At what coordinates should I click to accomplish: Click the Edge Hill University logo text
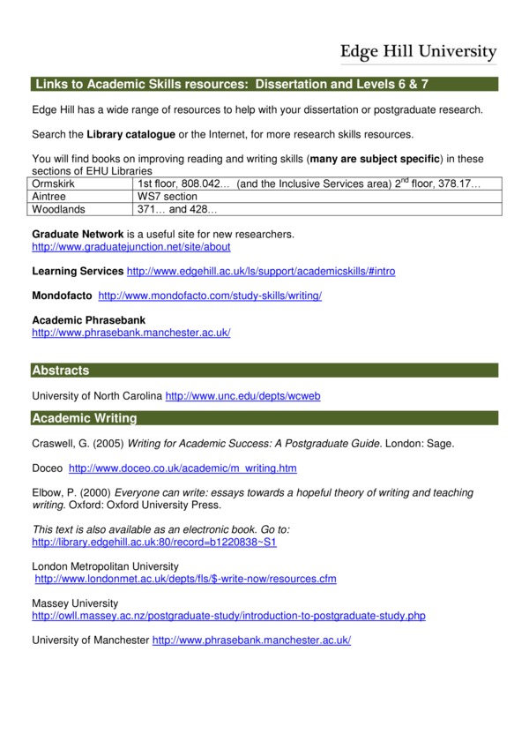pyautogui.click(x=419, y=51)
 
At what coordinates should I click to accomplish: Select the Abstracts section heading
pyautogui.click(x=61, y=371)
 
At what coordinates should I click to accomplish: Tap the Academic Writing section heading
pyautogui.click(x=85, y=418)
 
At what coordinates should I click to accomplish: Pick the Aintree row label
pyautogui.click(x=50, y=197)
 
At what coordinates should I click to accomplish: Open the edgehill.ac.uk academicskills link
pyautogui.click(x=261, y=272)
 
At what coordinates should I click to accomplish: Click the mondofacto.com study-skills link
pyautogui.click(x=210, y=296)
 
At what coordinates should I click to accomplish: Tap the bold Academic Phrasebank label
pyautogui.click(x=88, y=319)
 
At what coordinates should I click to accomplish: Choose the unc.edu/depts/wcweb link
pyautogui.click(x=242, y=396)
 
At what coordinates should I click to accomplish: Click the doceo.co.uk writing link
pyautogui.click(x=183, y=468)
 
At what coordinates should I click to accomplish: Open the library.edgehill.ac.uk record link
pyautogui.click(x=154, y=542)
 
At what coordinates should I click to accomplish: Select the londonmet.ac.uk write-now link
pyautogui.click(x=185, y=579)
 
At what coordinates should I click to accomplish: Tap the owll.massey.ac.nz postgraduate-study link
pyautogui.click(x=228, y=616)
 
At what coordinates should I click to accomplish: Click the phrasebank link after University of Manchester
pyautogui.click(x=251, y=640)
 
